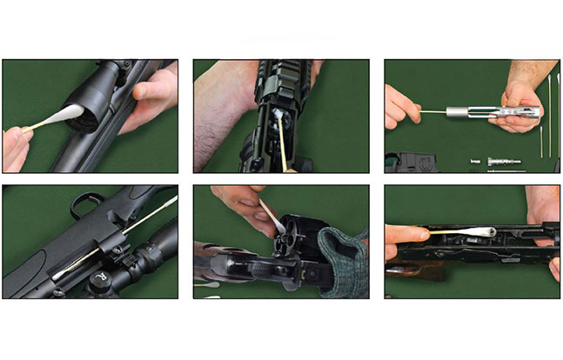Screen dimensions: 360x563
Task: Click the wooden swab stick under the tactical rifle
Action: pyautogui.click(x=283, y=152)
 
